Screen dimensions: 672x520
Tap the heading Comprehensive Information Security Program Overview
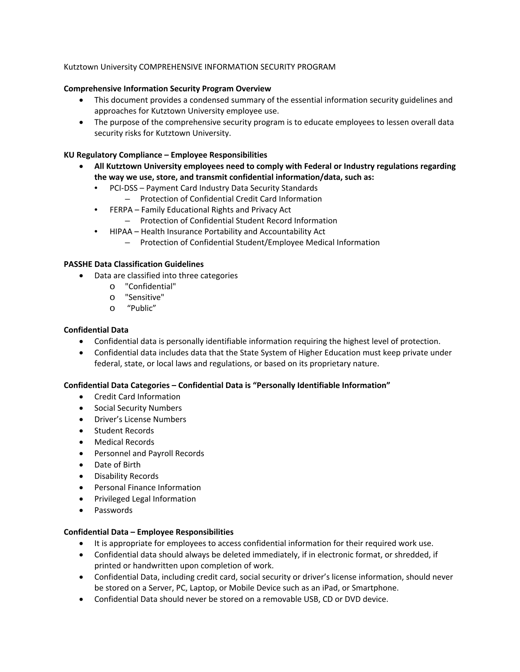click(167, 88)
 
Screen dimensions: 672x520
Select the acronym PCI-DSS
click(123, 188)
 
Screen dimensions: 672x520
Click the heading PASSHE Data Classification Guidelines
click(133, 264)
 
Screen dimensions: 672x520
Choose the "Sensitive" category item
click(144, 297)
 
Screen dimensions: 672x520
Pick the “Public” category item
click(142, 308)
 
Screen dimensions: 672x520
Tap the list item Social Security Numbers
click(138, 408)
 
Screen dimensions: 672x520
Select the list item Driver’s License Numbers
click(140, 419)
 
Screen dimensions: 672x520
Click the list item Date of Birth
click(117, 465)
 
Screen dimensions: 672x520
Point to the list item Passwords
click(113, 510)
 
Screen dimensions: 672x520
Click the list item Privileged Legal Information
click(145, 499)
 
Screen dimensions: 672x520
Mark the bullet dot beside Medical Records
click(83, 442)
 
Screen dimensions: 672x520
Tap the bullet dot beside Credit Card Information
click(83, 397)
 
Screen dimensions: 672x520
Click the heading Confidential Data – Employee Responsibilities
click(148, 532)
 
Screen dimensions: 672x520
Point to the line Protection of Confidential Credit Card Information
click(231, 199)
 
